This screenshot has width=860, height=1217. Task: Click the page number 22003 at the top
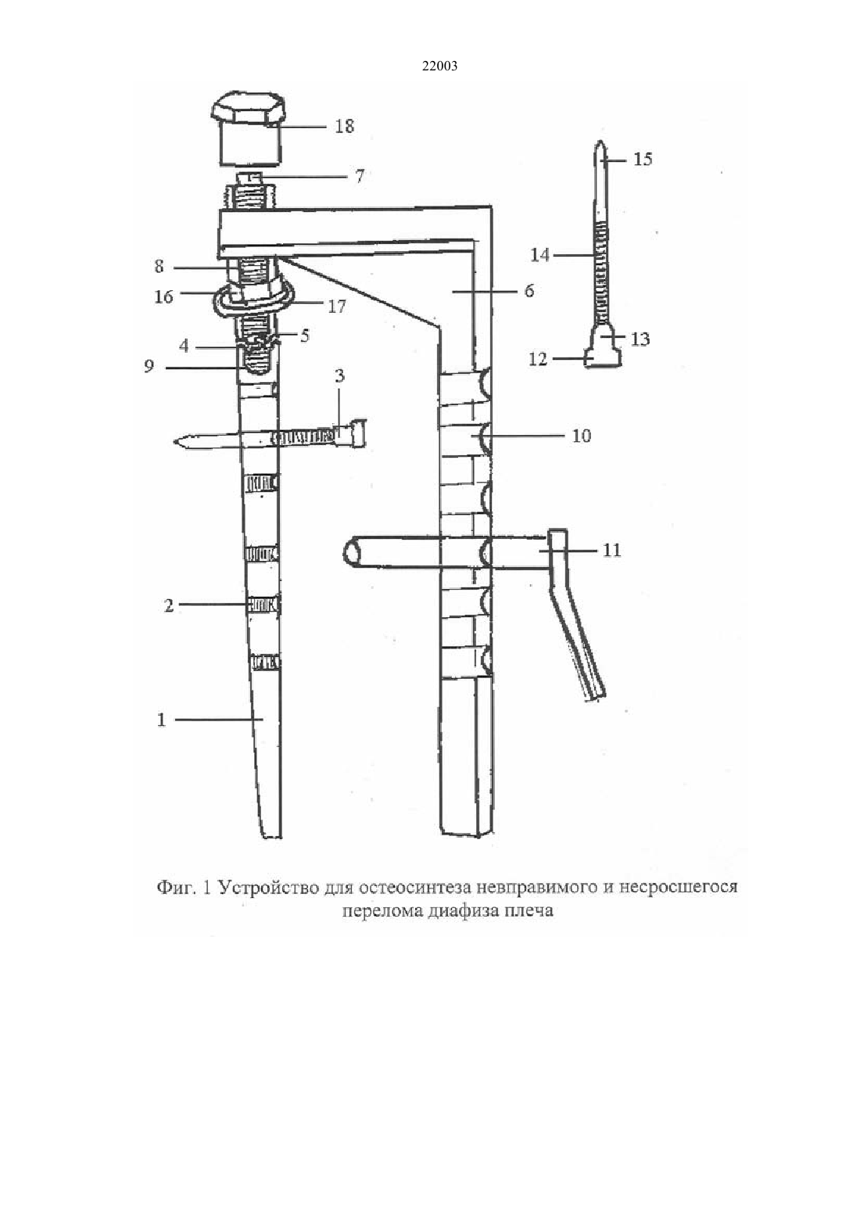pos(439,66)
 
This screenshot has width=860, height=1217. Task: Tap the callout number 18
pos(344,126)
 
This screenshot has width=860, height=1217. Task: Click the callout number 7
pos(360,177)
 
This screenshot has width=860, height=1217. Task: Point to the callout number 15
pos(643,160)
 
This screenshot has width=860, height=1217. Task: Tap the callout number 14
pos(540,254)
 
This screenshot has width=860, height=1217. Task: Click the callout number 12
pos(538,359)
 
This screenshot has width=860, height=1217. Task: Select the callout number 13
pos(640,339)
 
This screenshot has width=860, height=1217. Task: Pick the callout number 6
pos(529,291)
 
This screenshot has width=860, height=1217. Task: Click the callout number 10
pos(582,436)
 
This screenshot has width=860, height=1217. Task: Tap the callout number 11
pos(612,550)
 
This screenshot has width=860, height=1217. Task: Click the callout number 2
pos(169,605)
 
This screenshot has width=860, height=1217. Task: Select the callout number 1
pos(161,720)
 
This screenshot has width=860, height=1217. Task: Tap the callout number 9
pos(149,367)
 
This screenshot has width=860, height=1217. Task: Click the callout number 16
pos(163,296)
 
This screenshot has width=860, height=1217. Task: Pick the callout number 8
pos(159,267)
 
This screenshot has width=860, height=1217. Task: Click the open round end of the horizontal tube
pos(352,553)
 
